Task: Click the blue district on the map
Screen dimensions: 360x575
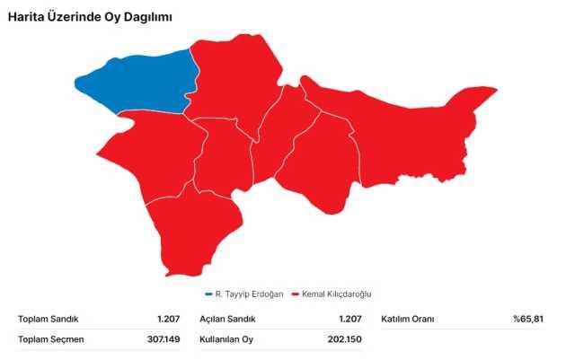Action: click(x=135, y=83)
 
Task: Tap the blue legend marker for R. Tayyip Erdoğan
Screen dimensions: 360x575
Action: click(x=208, y=294)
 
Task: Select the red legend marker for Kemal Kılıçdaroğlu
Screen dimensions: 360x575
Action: click(x=295, y=294)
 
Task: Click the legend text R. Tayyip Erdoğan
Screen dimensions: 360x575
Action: click(x=249, y=294)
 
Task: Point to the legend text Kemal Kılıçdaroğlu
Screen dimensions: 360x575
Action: click(x=336, y=294)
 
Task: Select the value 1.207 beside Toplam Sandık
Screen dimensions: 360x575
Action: click(x=169, y=319)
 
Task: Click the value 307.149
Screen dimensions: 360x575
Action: click(x=164, y=338)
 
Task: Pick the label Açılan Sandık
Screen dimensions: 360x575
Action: click(x=227, y=319)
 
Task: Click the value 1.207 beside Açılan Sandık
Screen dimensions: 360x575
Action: click(x=349, y=319)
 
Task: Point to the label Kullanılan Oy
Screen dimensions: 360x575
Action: click(x=227, y=338)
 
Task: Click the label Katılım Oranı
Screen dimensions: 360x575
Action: click(x=408, y=319)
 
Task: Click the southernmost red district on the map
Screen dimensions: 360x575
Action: click(x=193, y=238)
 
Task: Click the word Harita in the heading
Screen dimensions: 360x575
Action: click(x=28, y=17)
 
